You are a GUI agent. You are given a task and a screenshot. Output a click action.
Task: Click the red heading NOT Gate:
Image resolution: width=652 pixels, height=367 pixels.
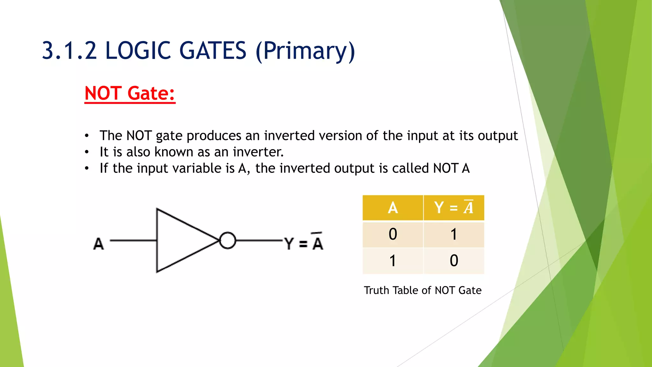[x=130, y=93]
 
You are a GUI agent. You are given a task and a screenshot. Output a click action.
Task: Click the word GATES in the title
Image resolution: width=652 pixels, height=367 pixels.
[x=213, y=51]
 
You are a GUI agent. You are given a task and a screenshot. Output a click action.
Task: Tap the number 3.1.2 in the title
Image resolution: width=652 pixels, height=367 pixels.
[x=69, y=51]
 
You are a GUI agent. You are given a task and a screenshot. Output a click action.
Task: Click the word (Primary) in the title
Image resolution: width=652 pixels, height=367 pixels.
[x=305, y=51]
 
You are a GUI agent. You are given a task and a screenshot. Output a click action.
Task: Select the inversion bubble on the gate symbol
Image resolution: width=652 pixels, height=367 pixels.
[x=228, y=241]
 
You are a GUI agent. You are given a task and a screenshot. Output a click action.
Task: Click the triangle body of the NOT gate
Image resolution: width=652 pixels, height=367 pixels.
[x=178, y=241]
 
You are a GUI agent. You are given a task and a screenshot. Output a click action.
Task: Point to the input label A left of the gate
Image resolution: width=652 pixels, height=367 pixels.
[x=98, y=244]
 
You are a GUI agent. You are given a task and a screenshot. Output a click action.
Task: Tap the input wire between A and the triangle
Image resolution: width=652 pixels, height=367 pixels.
[x=133, y=241]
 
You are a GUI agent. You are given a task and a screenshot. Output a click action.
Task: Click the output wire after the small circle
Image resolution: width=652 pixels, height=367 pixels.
[x=259, y=241]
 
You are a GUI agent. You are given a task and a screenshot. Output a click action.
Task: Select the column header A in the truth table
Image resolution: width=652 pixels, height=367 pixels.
[x=393, y=208]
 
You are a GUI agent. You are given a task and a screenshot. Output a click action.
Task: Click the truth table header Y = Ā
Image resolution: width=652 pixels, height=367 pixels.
[x=454, y=208]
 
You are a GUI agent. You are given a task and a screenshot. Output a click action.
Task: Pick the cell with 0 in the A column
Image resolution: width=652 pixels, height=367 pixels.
[x=393, y=234]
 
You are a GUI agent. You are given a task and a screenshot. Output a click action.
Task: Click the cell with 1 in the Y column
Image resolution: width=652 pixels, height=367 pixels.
[x=454, y=234]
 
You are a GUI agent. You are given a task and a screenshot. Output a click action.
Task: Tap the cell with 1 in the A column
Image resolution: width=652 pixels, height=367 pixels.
[x=393, y=261]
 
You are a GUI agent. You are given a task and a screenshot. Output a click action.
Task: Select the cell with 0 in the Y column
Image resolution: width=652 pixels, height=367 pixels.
[x=454, y=261]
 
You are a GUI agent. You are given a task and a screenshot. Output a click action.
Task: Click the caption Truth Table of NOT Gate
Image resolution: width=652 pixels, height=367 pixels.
[x=422, y=290]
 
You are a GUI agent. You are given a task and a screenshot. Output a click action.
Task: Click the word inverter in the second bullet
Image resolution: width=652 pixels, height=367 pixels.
[x=258, y=152]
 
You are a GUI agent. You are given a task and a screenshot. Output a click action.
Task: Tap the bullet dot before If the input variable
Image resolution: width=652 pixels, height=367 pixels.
[x=87, y=169]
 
